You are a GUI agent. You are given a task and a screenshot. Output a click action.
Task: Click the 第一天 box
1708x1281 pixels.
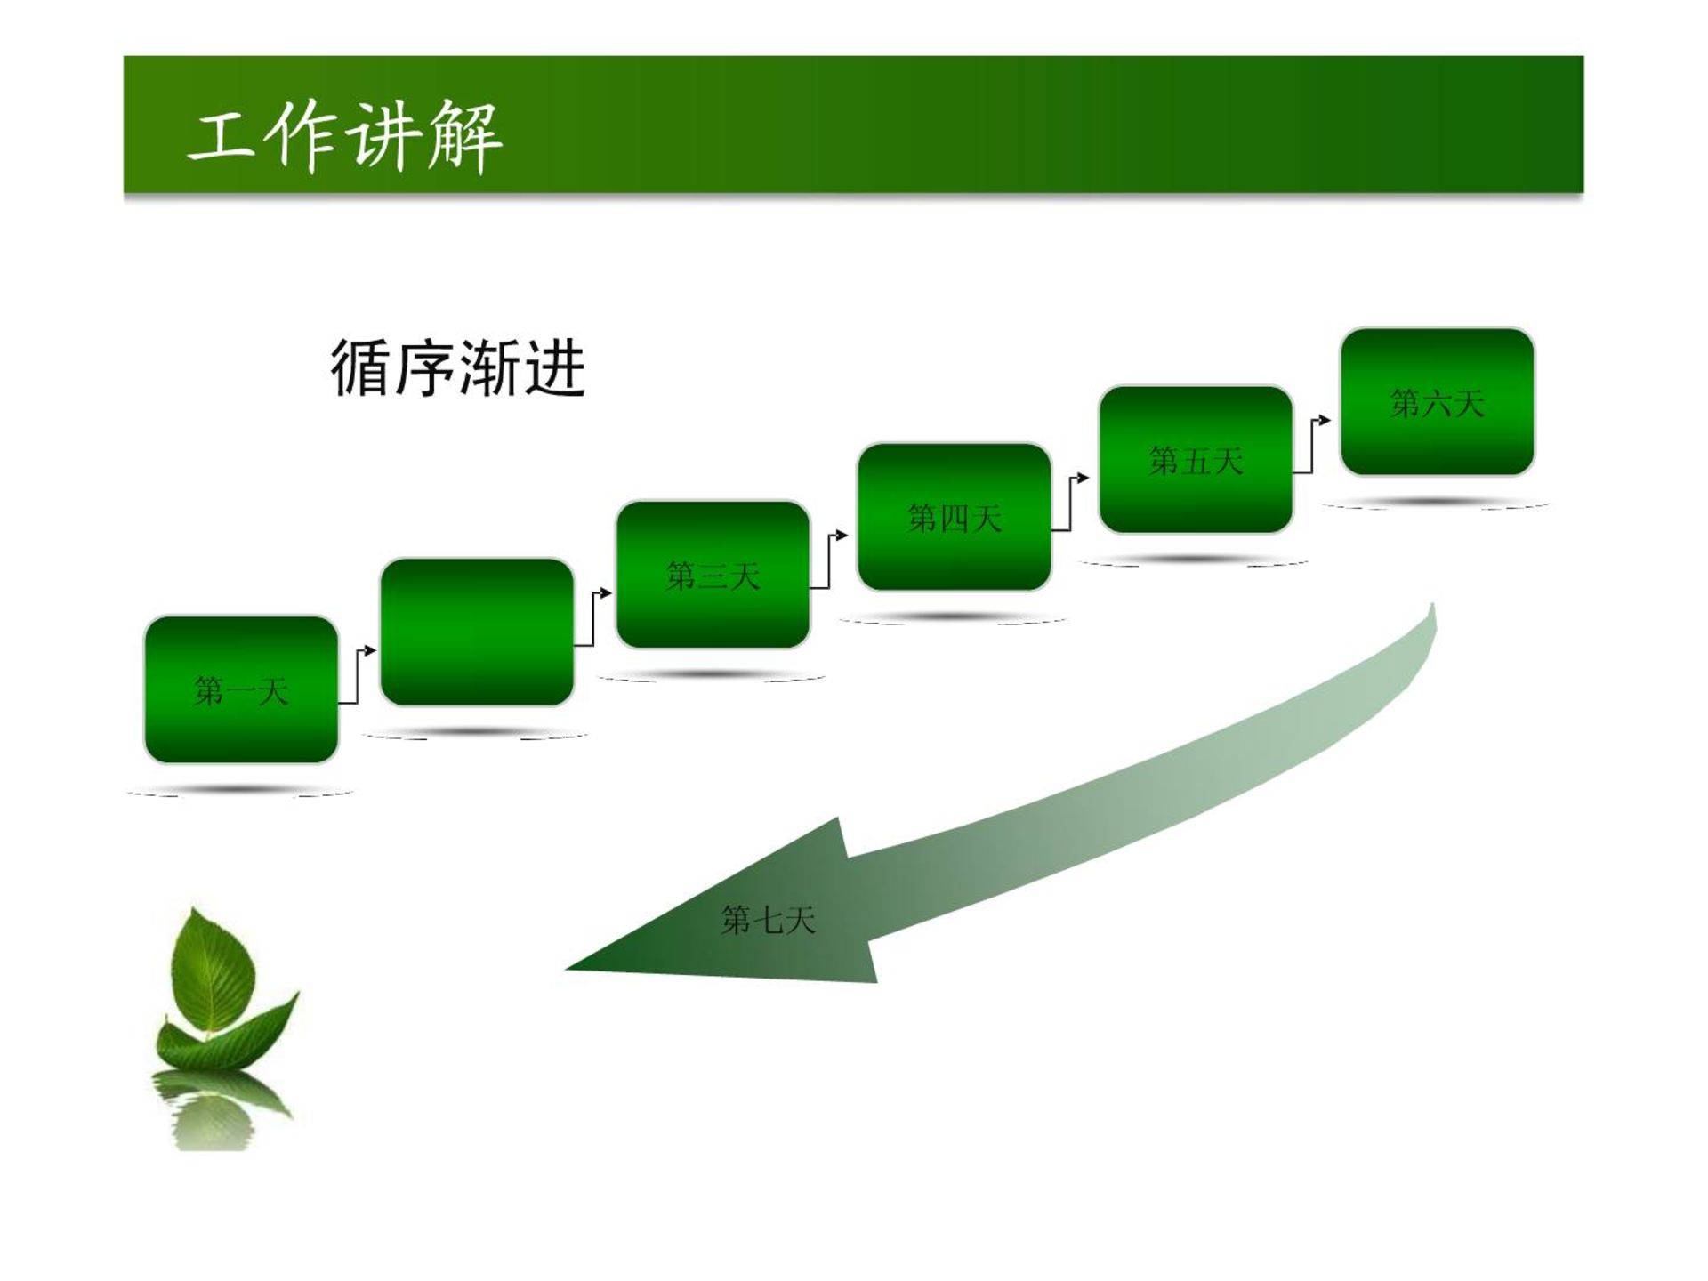click(x=241, y=689)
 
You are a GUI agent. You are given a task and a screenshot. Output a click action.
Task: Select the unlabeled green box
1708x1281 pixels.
click(x=477, y=632)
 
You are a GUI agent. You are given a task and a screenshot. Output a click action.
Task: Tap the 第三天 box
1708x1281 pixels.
click(x=713, y=575)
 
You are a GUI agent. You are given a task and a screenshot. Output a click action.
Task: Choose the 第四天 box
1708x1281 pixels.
click(x=954, y=517)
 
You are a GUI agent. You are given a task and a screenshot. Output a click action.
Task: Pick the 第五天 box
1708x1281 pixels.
click(x=1196, y=460)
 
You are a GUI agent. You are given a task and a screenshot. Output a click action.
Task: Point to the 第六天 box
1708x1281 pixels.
click(x=1438, y=402)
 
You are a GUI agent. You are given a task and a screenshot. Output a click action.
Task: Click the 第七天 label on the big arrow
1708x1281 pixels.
click(x=768, y=920)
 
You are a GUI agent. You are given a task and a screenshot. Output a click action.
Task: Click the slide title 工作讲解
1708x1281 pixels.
click(x=345, y=135)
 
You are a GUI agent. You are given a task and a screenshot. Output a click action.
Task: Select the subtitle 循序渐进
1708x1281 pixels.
click(x=458, y=367)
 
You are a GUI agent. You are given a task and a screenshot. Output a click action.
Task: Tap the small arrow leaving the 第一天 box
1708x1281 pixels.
click(x=357, y=676)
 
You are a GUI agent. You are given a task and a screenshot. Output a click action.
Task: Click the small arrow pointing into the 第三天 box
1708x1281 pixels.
click(x=592, y=618)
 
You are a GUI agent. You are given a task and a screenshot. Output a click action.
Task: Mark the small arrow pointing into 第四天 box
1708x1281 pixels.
click(x=828, y=561)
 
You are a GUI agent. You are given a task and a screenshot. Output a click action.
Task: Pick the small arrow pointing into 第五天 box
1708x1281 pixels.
click(x=1069, y=504)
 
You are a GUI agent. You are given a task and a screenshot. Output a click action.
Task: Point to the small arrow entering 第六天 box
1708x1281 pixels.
click(x=1311, y=447)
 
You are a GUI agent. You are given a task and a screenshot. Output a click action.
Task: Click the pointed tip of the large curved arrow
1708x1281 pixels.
click(x=567, y=968)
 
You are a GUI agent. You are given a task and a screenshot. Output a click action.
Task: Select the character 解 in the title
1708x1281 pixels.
click(x=464, y=136)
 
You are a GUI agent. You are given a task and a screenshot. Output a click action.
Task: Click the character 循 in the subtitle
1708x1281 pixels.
click(x=360, y=367)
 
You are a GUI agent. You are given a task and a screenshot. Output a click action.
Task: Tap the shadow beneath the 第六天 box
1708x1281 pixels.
click(x=1436, y=504)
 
